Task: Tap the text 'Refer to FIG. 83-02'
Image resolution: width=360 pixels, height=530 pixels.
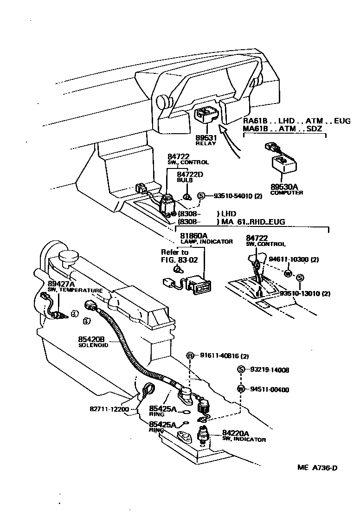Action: pyautogui.click(x=179, y=256)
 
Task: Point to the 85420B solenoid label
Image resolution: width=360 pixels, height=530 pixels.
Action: pyautogui.click(x=93, y=342)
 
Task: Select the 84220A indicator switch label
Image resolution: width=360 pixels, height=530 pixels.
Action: pyautogui.click(x=238, y=435)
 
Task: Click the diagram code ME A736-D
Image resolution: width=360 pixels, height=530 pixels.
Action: pyautogui.click(x=317, y=467)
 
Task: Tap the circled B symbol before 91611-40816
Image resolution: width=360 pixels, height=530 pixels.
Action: pyautogui.click(x=190, y=356)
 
